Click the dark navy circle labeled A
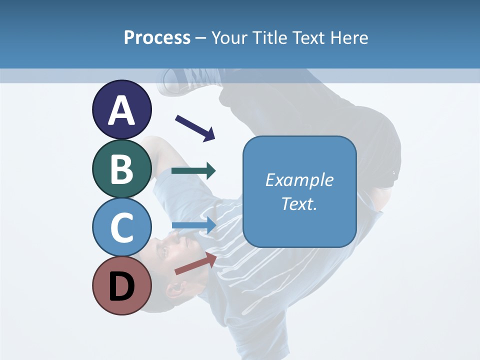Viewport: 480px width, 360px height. (x=121, y=109)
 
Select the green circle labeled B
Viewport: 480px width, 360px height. (x=121, y=168)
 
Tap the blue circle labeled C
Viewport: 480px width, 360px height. (x=121, y=227)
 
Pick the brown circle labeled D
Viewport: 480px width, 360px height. (x=121, y=285)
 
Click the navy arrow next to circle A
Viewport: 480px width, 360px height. (x=195, y=127)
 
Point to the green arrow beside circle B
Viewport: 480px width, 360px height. (x=193, y=171)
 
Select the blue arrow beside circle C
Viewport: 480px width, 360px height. (x=194, y=225)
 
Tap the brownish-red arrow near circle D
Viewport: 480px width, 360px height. (x=195, y=263)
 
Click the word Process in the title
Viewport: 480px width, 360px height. (x=157, y=37)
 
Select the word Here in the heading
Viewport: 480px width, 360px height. (x=349, y=37)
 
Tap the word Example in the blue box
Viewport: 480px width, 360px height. (x=299, y=180)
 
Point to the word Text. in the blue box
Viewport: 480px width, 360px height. (x=299, y=204)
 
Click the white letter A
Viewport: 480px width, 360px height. (x=121, y=110)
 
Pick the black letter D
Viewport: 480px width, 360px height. (x=121, y=286)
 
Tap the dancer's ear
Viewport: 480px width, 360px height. (x=176, y=289)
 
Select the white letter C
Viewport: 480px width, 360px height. (x=121, y=227)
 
